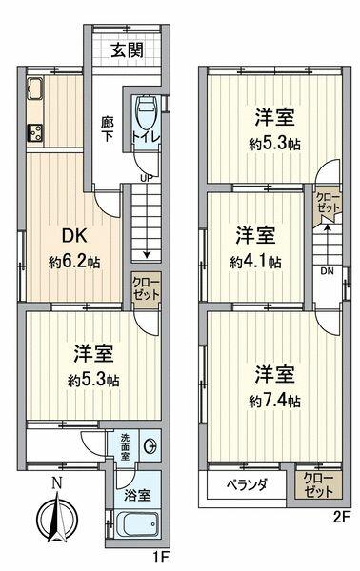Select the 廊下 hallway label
pos(109,129)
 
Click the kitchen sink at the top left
pos(30,94)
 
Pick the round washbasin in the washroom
pos(148,447)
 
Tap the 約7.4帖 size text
pos(275,403)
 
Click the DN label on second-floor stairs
pos(327,269)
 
